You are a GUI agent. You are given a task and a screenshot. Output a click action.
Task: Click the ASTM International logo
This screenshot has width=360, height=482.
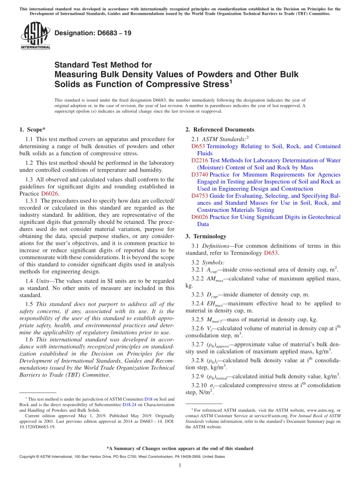tap(35, 36)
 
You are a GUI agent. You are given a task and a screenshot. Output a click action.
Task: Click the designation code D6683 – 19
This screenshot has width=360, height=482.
tap(93, 33)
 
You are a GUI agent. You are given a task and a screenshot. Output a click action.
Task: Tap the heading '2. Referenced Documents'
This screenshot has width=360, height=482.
tap(219, 130)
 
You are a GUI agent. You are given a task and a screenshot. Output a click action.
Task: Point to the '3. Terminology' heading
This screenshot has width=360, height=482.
tap(206, 236)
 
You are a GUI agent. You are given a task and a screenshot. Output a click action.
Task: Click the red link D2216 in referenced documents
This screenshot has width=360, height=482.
tap(200, 160)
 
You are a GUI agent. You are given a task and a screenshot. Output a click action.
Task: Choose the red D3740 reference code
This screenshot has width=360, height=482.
tap(200, 175)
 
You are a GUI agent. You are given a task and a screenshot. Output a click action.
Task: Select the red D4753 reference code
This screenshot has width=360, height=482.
tap(200, 196)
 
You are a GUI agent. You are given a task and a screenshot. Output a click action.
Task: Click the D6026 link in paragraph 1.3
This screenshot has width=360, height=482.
tap(50, 194)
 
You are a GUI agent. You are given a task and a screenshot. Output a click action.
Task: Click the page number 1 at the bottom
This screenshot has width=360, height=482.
tap(180, 466)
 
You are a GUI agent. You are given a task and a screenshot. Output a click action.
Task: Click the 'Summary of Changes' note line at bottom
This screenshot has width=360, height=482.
tap(180, 448)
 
